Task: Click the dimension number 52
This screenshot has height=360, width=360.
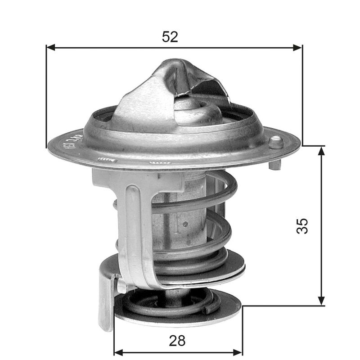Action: [170, 37]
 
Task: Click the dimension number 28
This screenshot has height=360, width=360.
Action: [178, 341]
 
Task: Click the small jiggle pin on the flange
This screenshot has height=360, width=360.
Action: [275, 143]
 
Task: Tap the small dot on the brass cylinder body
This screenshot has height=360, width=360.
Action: [185, 224]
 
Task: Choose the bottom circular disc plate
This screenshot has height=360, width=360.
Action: [180, 315]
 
